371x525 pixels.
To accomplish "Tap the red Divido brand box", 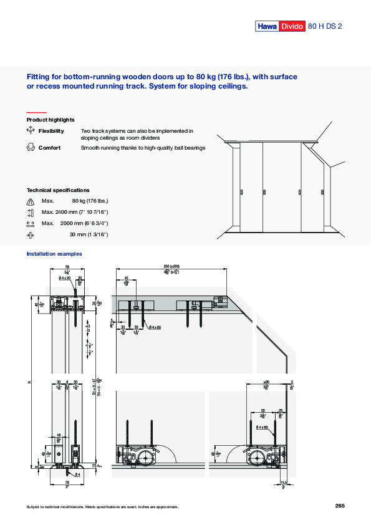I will click(x=291, y=26).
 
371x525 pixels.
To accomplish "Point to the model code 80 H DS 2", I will click(x=325, y=26).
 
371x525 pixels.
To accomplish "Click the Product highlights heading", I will click(x=51, y=120).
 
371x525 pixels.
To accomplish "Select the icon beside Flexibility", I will click(x=30, y=131).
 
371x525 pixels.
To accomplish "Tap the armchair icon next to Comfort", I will click(x=30, y=148).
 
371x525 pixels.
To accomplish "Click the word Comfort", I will click(x=49, y=148).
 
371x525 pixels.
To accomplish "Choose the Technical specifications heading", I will click(x=58, y=190).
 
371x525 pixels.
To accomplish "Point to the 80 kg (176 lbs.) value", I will click(x=90, y=201).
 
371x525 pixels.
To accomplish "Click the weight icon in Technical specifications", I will click(x=31, y=201).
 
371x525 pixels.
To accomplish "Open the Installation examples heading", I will click(x=54, y=254).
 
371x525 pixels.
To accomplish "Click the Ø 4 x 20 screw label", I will click(x=64, y=278).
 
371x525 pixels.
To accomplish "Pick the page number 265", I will click(x=340, y=506).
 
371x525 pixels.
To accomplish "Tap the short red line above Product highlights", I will click(x=37, y=112).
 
